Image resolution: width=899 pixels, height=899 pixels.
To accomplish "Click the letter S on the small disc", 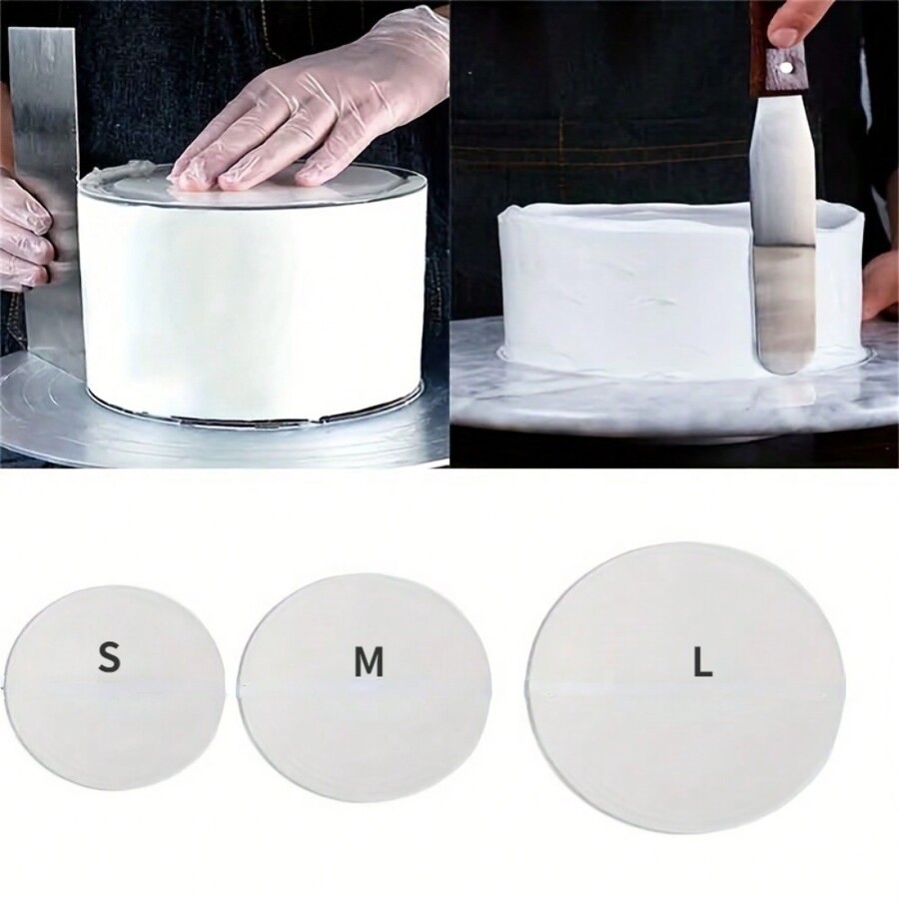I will (x=110, y=658).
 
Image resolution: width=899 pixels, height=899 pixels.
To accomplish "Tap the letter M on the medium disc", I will (x=369, y=662).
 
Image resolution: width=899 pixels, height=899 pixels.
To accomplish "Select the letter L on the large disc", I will (x=703, y=662).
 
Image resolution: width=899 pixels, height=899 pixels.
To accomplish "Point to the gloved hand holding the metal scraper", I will (x=22, y=235).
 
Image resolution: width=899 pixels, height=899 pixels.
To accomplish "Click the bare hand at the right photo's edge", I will (x=881, y=285).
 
